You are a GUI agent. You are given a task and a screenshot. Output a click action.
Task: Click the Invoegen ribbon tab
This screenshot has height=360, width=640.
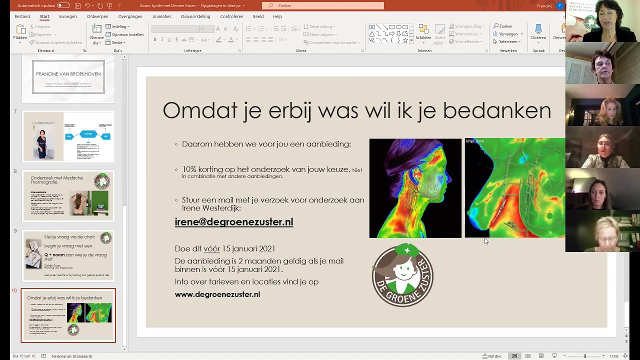(x=67, y=16)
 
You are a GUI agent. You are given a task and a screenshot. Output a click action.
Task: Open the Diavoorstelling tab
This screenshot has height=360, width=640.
(x=195, y=16)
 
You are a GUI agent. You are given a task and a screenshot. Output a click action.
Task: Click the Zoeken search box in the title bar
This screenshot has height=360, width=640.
(x=323, y=5)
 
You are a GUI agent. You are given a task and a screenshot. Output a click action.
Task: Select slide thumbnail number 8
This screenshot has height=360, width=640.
(x=68, y=196)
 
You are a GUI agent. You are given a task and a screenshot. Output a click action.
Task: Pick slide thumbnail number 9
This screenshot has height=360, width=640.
(x=68, y=255)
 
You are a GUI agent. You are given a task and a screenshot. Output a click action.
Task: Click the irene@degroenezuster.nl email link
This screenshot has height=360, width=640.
(x=234, y=222)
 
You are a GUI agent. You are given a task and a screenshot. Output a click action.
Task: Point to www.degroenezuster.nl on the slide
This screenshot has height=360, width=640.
(x=217, y=294)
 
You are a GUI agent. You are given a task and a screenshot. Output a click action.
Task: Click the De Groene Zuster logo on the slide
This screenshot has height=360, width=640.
(x=402, y=275)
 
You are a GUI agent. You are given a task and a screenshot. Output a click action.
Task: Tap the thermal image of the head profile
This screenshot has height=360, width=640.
(x=415, y=188)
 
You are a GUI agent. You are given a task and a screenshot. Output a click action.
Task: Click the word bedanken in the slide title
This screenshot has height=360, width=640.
(x=497, y=110)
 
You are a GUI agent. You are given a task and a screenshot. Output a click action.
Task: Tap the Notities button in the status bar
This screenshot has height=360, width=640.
(x=492, y=356)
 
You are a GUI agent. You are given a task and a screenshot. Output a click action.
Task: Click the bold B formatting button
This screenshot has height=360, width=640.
(x=155, y=39)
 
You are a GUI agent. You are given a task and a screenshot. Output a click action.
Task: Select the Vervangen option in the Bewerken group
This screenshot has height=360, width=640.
(x=507, y=34)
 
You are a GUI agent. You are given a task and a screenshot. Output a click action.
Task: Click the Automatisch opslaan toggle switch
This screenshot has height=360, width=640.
(x=63, y=5)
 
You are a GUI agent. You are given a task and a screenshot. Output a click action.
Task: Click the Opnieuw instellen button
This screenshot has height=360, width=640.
(x=124, y=34)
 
